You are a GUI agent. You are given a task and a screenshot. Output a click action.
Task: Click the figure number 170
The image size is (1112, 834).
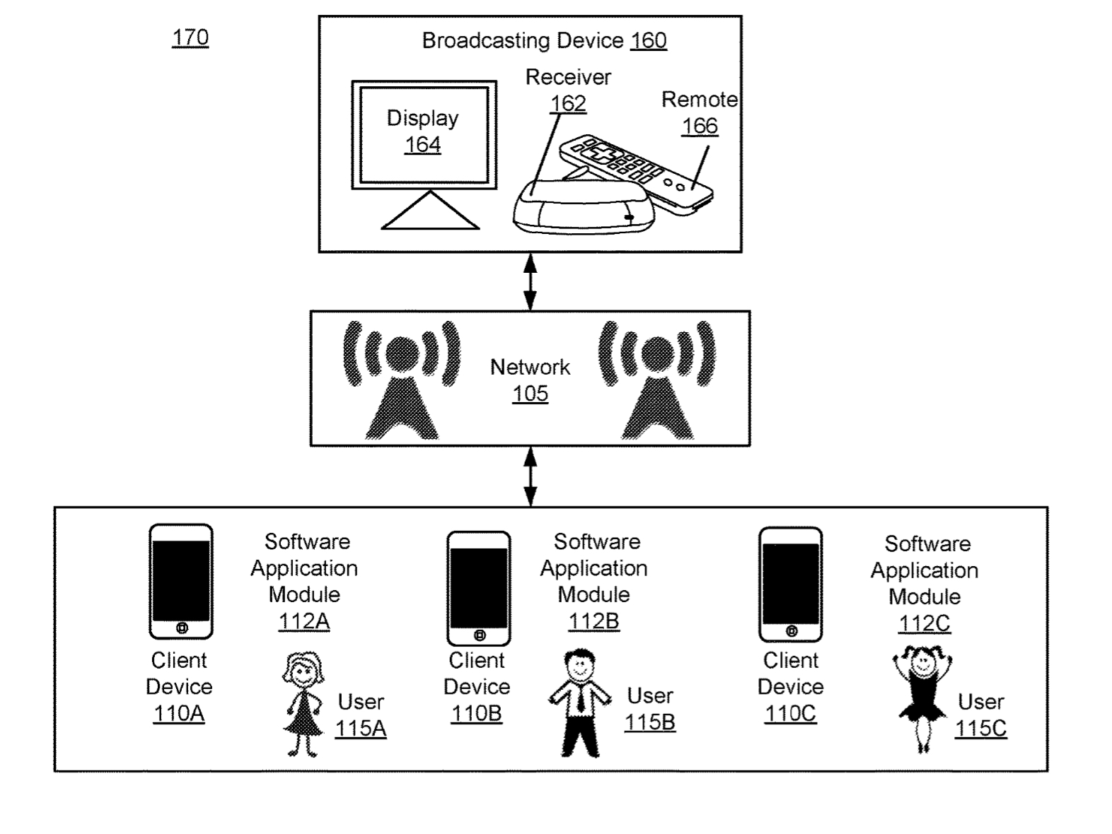tap(190, 37)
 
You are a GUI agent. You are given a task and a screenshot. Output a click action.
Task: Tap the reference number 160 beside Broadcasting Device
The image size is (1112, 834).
tap(649, 40)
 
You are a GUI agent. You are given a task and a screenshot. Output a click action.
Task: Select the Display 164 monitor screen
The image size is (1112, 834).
tap(424, 134)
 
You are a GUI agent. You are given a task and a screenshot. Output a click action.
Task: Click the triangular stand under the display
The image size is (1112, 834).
tap(430, 211)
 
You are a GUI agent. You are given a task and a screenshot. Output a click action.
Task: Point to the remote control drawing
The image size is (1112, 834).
tap(637, 174)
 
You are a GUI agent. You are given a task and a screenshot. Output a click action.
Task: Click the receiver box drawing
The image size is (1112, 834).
tap(583, 207)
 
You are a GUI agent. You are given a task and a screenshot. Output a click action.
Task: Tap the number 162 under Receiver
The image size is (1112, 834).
tap(568, 104)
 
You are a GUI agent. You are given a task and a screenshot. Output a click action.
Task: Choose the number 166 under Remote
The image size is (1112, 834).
tap(700, 126)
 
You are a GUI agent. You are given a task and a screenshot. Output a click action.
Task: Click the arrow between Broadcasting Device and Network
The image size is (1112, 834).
tap(530, 282)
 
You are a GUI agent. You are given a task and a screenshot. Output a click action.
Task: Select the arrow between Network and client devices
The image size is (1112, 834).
tap(530, 476)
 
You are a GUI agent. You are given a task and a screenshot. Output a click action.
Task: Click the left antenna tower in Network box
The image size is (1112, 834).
tap(402, 380)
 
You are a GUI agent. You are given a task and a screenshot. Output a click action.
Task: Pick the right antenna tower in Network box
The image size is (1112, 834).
tap(657, 380)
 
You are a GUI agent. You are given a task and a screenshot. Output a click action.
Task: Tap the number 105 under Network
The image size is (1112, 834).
tap(530, 394)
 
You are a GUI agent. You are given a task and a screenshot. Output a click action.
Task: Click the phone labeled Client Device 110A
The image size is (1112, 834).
tap(181, 582)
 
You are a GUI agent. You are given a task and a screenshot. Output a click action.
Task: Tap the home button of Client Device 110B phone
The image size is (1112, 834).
tap(479, 635)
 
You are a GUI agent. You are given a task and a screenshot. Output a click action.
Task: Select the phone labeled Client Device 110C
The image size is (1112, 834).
tap(790, 585)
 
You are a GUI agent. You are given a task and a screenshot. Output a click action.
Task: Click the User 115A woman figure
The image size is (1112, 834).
tap(303, 704)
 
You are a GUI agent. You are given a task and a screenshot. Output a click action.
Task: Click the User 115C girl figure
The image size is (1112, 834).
tap(922, 699)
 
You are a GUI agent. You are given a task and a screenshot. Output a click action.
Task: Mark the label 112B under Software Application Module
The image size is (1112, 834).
tap(593, 621)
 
